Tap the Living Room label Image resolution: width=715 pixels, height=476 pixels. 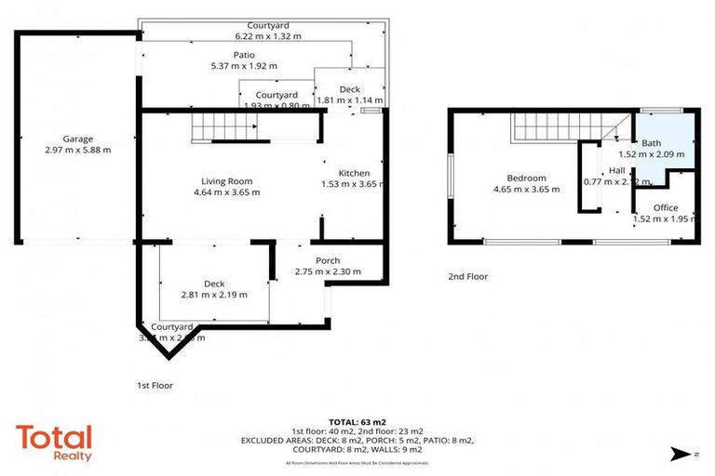(x=227, y=181)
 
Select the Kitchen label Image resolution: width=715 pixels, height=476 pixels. (x=354, y=174)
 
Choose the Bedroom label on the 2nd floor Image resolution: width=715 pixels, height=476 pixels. (x=526, y=178)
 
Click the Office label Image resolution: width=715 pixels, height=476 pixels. (x=665, y=207)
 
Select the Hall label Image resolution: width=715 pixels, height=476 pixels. (x=617, y=171)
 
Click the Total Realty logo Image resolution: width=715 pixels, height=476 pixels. (x=53, y=442)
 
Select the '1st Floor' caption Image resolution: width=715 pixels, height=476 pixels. (x=155, y=385)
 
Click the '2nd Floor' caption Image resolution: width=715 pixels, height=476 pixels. (x=468, y=276)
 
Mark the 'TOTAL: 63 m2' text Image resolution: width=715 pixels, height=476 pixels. (x=357, y=421)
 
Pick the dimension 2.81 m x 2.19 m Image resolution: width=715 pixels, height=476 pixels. (x=215, y=295)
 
